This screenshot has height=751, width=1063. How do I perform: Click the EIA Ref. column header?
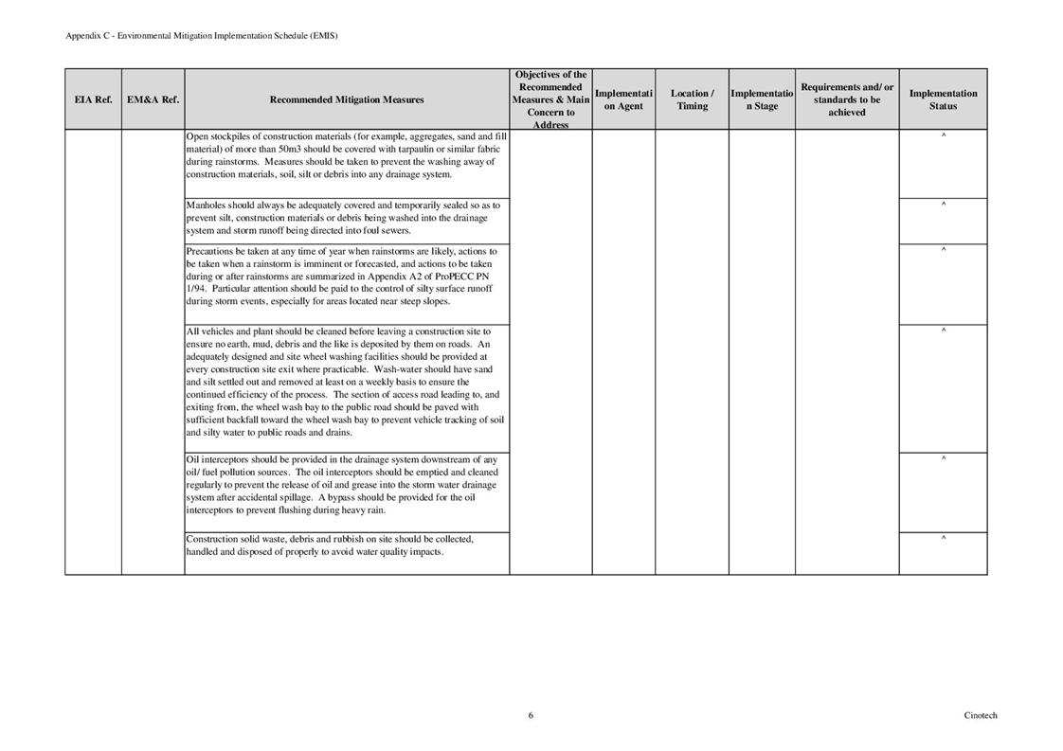click(x=93, y=99)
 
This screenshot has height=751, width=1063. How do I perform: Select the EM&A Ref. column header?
click(x=153, y=99)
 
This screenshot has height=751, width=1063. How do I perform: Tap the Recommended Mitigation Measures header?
click(x=347, y=99)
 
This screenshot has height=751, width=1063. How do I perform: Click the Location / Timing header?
click(x=692, y=99)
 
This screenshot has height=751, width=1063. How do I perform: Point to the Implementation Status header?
click(x=943, y=99)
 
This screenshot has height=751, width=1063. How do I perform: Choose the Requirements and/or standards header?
click(x=847, y=99)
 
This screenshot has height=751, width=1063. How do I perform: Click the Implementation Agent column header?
click(x=623, y=99)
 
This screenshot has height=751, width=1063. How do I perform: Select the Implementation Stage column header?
click(x=762, y=99)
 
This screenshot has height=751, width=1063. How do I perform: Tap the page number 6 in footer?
click(x=531, y=715)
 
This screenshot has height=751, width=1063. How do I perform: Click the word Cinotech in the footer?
click(x=981, y=715)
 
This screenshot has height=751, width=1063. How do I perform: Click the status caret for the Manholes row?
click(x=944, y=205)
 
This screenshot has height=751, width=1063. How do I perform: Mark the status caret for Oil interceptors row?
click(x=944, y=459)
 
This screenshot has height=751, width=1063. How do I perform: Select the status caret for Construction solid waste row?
click(x=944, y=539)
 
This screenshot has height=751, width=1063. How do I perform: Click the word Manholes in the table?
click(x=206, y=205)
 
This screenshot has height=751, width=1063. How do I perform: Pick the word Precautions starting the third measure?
click(x=209, y=251)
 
